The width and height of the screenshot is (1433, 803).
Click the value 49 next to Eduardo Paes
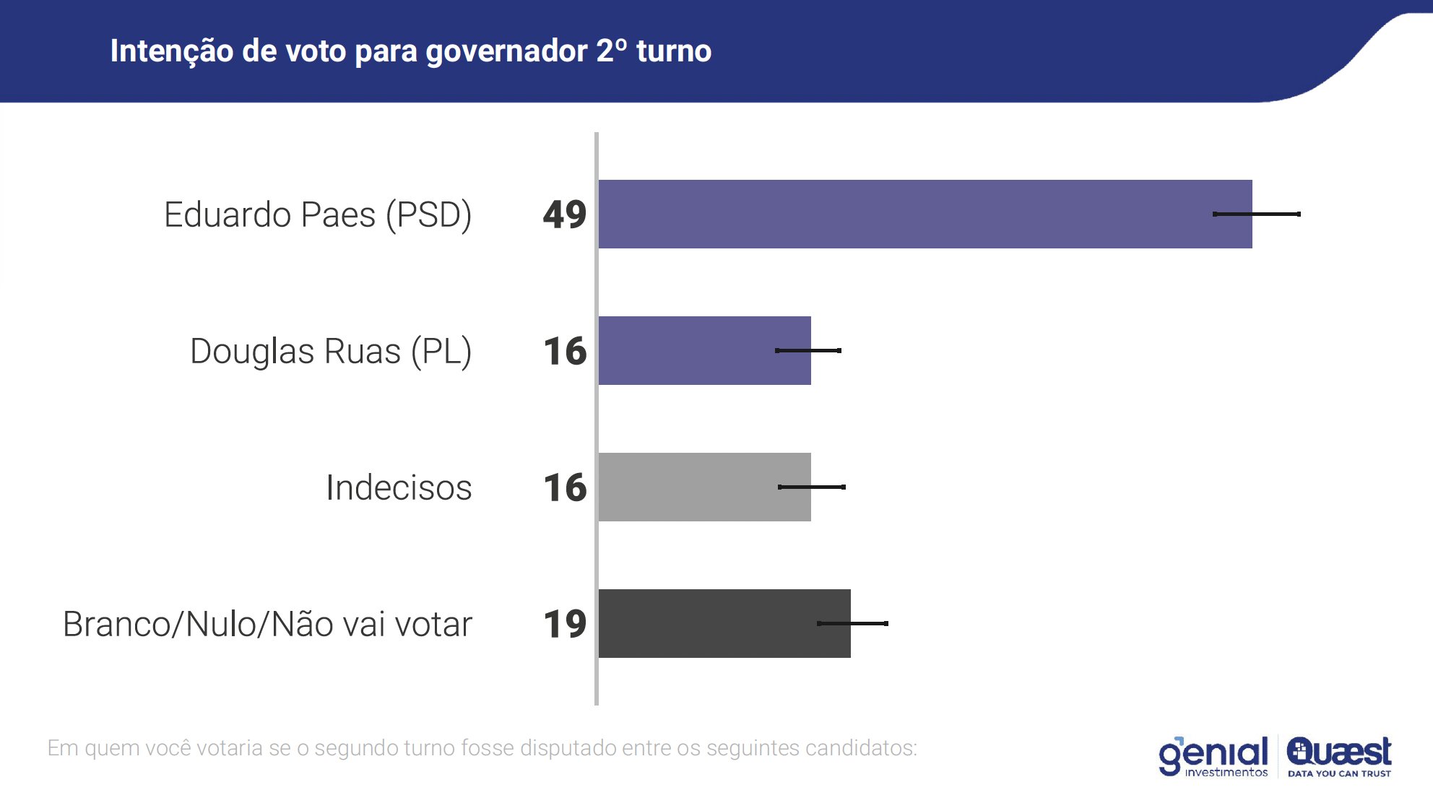tap(565, 214)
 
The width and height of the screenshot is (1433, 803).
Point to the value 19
tap(565, 624)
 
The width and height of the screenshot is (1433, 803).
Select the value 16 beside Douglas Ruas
tap(565, 351)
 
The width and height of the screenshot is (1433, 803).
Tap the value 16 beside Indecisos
tap(565, 487)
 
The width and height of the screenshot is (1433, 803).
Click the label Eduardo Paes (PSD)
tap(318, 214)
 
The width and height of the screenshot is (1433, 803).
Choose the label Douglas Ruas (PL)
tap(331, 351)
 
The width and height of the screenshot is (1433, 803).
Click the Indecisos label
tap(399, 487)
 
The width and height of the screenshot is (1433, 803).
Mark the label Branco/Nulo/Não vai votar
tap(267, 624)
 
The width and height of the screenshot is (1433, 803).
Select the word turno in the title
tap(674, 51)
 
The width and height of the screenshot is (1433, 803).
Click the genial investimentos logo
tap(1213, 756)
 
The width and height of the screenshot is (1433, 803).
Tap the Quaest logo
tap(1339, 756)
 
